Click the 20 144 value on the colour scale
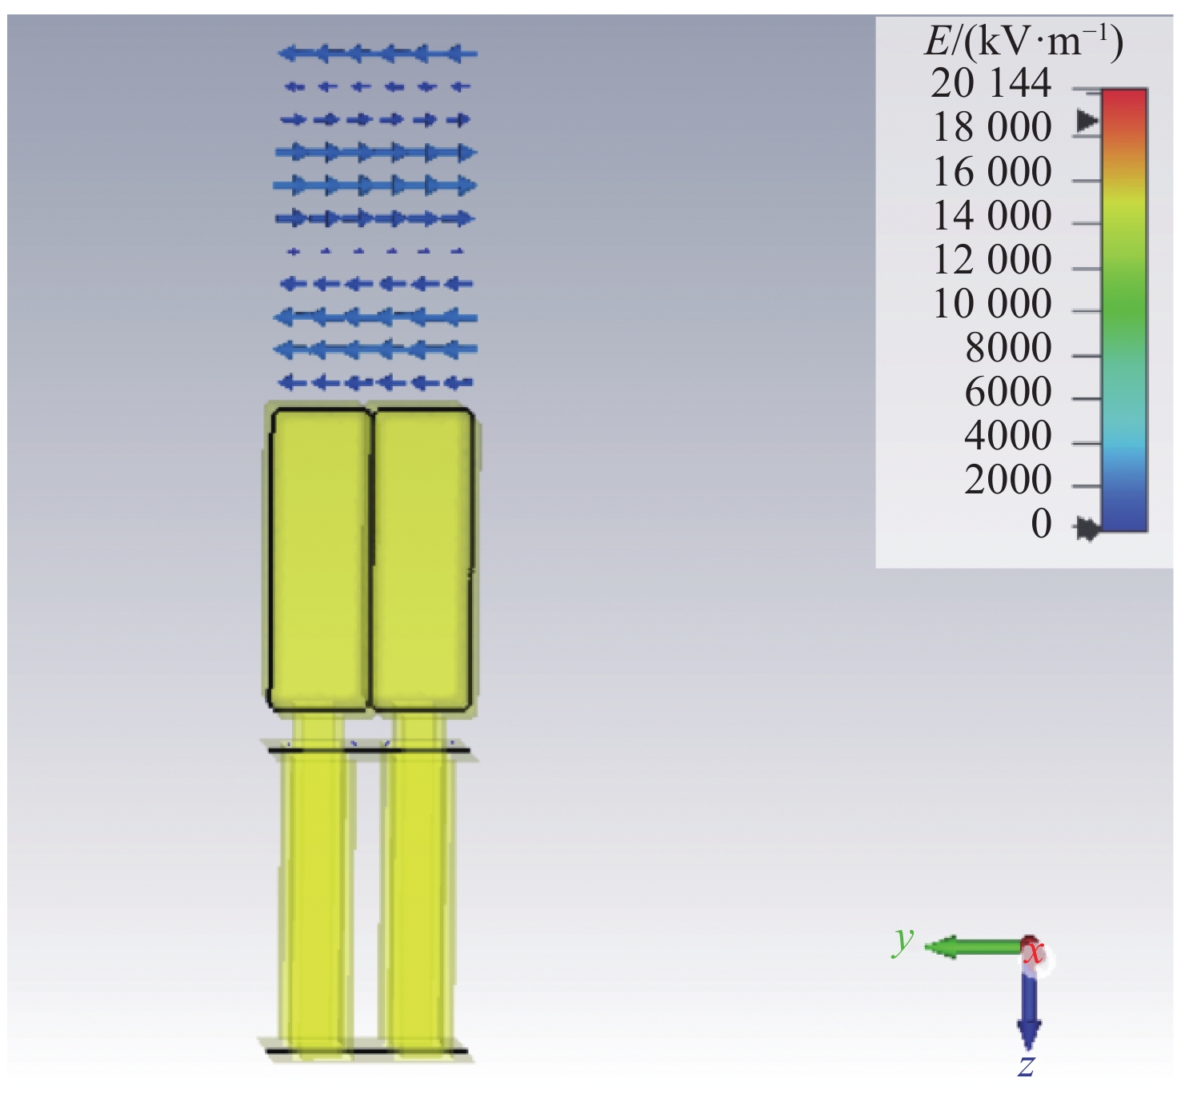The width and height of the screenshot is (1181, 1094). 991,83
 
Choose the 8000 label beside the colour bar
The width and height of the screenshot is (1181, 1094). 1008,347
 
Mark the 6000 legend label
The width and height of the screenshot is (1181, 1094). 1008,391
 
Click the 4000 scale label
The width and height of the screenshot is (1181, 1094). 1008,435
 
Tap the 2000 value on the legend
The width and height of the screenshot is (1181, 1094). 1008,479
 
